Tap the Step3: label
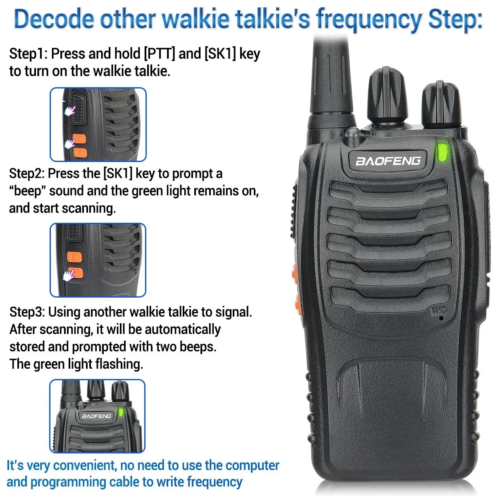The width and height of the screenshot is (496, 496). coord(27,312)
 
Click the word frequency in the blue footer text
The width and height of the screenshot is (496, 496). coord(215,482)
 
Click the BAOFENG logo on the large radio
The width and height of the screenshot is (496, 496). coord(388,160)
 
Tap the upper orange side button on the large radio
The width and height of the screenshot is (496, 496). coord(295,272)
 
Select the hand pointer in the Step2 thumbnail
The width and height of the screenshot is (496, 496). coord(69,275)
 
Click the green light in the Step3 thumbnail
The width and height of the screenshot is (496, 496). coord(122,412)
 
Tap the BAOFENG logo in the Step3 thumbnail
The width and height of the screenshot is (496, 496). coord(96,416)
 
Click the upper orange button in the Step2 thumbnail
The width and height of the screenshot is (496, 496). coord(75,258)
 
